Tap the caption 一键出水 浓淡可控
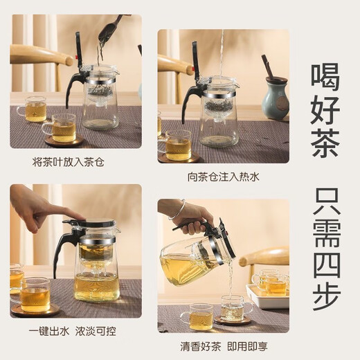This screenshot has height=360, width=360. (75, 331)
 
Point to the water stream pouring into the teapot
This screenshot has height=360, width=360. (222, 55)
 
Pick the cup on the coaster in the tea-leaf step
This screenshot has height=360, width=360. (63, 128)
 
